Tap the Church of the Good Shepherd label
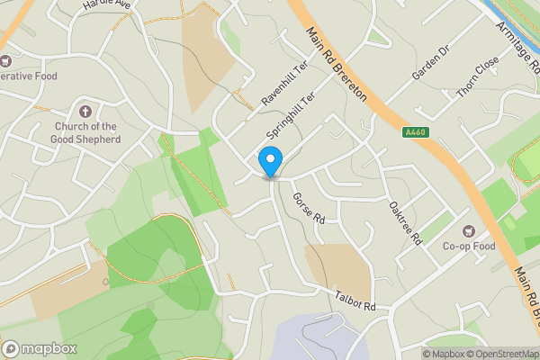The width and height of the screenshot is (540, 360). click(86, 132)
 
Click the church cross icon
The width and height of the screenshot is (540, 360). click(85, 112)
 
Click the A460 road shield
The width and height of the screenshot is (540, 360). click(414, 131)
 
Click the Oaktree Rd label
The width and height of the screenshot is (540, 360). click(405, 222)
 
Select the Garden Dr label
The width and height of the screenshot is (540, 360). click(430, 62)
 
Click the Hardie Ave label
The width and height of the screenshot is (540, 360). click(107, 4)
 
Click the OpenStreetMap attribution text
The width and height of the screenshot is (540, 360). click(499, 353)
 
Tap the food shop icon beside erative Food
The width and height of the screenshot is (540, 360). click(4, 60)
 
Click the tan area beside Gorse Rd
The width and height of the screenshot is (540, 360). click(340, 270)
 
